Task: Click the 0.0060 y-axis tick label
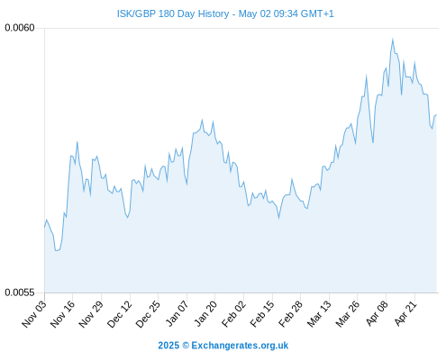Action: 20,28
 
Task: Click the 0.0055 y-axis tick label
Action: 20,292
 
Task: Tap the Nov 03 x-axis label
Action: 34,314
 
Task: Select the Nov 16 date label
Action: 62,314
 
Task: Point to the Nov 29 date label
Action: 91,314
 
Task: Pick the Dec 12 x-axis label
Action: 120,314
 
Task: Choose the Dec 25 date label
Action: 148,314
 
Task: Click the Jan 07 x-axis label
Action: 177,313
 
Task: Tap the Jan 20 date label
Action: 205,313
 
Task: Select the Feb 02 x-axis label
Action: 233,314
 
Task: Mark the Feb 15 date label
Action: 262,314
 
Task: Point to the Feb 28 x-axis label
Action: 290,314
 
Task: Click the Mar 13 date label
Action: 319,314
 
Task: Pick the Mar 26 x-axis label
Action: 348,314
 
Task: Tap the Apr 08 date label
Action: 377,313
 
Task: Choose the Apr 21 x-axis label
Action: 405,313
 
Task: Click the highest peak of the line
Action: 393,39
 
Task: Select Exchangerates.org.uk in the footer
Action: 240,346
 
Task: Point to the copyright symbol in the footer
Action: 186,346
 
